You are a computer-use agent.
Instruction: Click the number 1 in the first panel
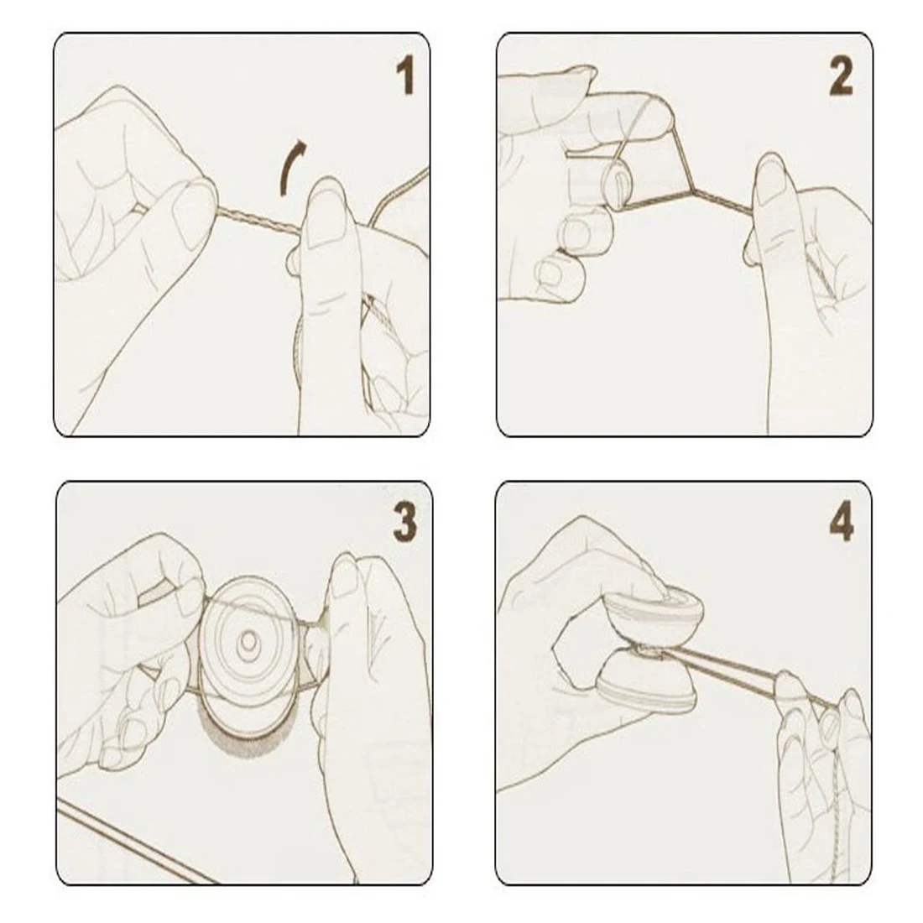click(404, 76)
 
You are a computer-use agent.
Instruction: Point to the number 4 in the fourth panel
click(841, 523)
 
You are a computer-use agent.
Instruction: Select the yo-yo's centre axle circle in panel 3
click(249, 644)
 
